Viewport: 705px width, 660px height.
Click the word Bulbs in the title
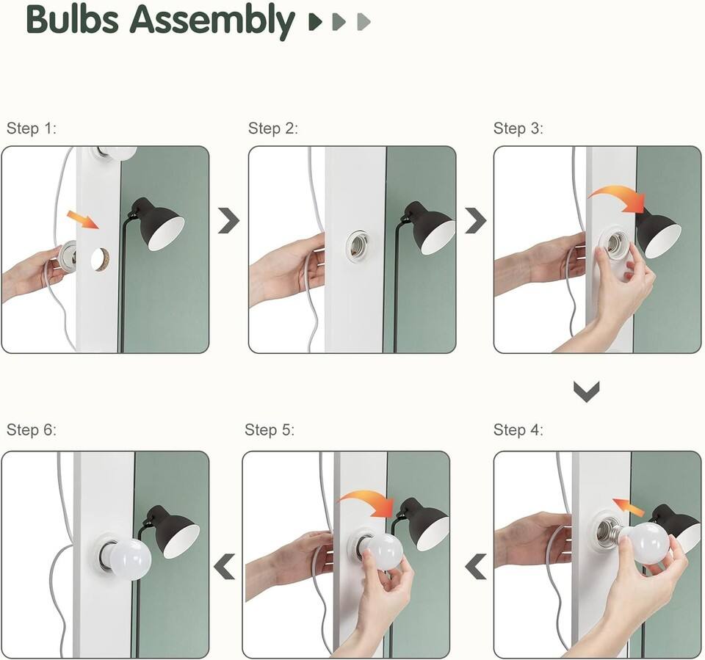tap(72, 21)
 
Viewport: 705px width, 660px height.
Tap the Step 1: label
tap(31, 128)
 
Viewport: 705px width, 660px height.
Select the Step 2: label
tap(273, 128)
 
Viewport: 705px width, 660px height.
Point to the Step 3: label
tap(518, 128)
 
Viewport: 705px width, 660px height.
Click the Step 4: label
tap(518, 429)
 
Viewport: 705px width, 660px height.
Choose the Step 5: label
tap(270, 429)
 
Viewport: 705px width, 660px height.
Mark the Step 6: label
tap(31, 429)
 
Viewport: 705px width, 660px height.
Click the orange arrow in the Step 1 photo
tap(82, 220)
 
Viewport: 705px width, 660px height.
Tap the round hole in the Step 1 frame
tap(100, 259)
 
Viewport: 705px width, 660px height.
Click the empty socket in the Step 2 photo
tap(358, 246)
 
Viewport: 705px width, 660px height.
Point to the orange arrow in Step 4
tap(629, 507)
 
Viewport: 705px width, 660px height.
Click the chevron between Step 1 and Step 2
tap(228, 220)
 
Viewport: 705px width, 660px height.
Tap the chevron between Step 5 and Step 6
tap(225, 566)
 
